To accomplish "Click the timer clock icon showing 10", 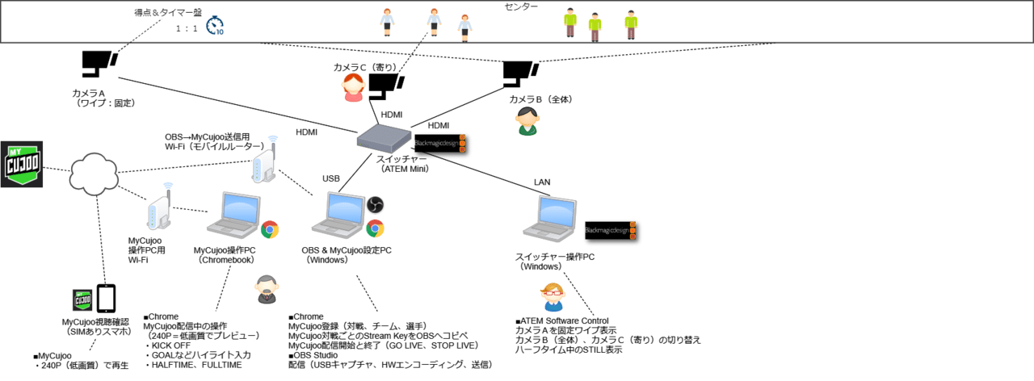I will [215, 27].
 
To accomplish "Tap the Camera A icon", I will [99, 65].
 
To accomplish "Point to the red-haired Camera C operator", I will [353, 87].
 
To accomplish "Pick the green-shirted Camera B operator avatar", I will [527, 121].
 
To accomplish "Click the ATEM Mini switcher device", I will [385, 139].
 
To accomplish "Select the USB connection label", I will [331, 178].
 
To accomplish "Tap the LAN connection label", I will [542, 182].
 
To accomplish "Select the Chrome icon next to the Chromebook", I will [269, 229].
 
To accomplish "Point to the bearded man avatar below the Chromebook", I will [266, 289].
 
